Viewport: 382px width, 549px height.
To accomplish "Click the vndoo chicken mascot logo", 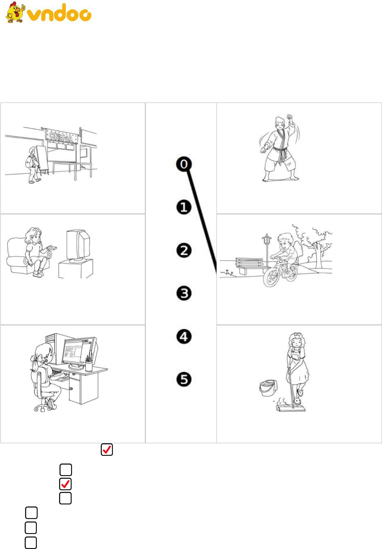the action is (15, 12).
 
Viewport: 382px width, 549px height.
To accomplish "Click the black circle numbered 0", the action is (184, 164).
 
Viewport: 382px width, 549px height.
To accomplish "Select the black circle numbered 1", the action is (184, 207).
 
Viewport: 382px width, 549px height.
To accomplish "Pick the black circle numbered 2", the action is (184, 250).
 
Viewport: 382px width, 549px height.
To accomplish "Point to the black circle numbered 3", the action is (184, 293).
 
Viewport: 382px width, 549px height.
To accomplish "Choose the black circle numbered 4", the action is (184, 336).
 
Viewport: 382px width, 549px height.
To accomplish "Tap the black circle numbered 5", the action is (184, 379).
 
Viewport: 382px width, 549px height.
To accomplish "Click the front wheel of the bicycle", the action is (270, 277).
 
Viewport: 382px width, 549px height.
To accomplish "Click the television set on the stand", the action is (78, 246).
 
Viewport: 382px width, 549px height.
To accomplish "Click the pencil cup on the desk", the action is (89, 365).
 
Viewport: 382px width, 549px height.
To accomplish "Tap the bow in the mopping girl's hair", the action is (297, 335).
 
